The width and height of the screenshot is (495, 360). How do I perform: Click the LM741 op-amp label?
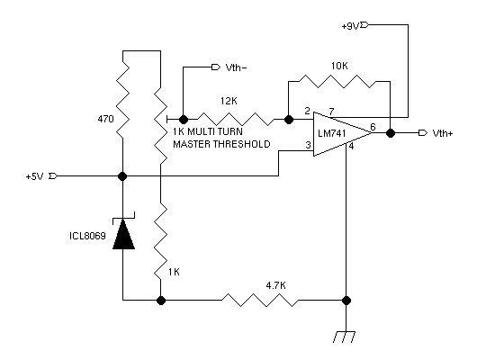(331, 133)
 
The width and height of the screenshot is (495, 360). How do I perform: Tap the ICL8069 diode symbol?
(124, 231)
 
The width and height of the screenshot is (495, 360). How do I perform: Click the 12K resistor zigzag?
(236, 120)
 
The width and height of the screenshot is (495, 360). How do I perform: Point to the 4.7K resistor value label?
(275, 285)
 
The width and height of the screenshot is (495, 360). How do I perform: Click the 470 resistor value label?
(105, 119)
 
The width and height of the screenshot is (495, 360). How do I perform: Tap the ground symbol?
(344, 337)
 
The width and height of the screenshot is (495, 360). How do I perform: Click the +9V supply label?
(350, 26)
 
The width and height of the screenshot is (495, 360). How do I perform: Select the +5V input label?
(34, 176)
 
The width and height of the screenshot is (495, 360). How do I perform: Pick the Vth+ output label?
(443, 133)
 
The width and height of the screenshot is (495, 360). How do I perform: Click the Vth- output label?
(236, 67)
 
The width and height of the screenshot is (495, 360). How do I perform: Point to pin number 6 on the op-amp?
(373, 127)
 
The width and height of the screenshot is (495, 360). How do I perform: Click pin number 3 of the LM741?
(308, 145)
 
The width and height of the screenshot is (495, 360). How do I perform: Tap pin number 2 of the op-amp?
(307, 111)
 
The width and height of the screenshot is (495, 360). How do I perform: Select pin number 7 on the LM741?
(331, 112)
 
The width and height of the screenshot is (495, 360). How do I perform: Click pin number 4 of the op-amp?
(351, 146)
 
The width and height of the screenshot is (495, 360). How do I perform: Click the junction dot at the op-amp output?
(391, 133)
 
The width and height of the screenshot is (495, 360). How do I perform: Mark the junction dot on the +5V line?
(122, 176)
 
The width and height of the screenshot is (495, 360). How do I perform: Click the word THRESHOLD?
(241, 144)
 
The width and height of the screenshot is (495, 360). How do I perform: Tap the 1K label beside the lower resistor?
(174, 272)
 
